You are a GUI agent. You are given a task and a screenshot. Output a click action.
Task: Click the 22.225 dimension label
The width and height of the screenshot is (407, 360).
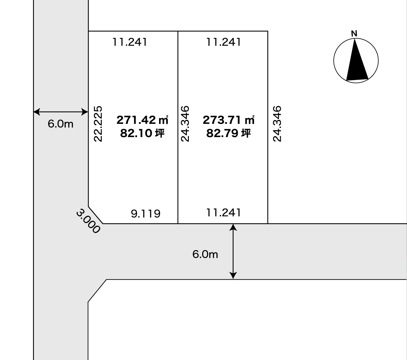[x=98, y=124]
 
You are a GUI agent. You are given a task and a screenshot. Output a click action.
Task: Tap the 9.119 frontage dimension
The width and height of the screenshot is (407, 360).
[x=146, y=214]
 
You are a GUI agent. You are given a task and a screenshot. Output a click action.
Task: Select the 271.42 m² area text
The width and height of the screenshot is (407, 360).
[x=142, y=120]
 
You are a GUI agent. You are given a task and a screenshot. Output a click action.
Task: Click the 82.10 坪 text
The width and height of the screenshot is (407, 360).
[x=142, y=133]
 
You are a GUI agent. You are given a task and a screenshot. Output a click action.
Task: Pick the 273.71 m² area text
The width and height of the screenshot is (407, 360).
[x=228, y=120]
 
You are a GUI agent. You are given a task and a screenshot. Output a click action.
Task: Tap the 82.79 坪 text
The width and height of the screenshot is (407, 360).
[x=228, y=133]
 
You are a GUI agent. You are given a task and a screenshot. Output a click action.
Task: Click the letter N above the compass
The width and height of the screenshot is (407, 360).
[x=354, y=34]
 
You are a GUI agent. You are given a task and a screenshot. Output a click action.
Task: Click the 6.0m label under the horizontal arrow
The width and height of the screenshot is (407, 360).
[x=60, y=124]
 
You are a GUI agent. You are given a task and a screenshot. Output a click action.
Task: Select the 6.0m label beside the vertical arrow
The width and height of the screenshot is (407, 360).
[x=205, y=254]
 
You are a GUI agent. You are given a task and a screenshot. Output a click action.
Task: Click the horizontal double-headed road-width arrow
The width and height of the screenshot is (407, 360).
[x=61, y=112]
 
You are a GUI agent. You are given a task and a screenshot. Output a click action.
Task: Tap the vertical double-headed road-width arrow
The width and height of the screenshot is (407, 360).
[x=233, y=251]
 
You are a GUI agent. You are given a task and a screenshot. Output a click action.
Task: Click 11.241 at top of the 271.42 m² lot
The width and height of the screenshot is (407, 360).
[x=130, y=42]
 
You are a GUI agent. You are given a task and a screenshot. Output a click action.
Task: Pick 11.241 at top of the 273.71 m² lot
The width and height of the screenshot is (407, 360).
[x=224, y=42]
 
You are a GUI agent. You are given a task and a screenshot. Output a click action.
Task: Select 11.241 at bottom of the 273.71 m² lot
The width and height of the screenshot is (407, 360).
[x=224, y=213]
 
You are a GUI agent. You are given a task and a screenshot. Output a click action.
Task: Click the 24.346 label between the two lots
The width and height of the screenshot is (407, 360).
[x=185, y=124]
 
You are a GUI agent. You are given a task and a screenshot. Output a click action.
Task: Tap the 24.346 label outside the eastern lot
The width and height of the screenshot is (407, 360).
[x=277, y=124]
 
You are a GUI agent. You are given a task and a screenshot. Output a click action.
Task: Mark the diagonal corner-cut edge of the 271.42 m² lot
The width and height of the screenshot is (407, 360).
[x=96, y=215]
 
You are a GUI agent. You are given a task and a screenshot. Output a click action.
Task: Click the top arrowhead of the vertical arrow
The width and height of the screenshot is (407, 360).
[x=233, y=227]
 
